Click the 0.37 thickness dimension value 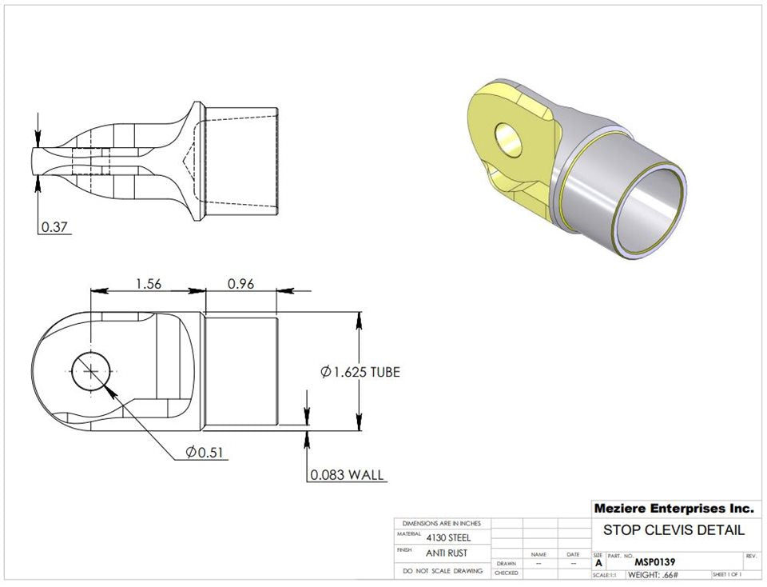(x=54, y=226)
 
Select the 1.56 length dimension (x=149, y=283)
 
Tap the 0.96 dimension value (x=241, y=283)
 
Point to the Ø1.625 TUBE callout (x=360, y=372)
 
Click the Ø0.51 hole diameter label (x=205, y=453)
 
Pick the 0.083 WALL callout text (x=347, y=475)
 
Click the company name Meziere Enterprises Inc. (x=673, y=508)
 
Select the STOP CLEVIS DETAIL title (x=673, y=529)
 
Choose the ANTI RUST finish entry (x=446, y=553)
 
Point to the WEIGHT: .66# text (x=653, y=574)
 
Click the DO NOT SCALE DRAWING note (x=442, y=572)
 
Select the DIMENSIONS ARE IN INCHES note (x=442, y=523)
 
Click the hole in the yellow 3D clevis (x=507, y=139)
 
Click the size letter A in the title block (x=598, y=562)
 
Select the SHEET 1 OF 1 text (x=726, y=574)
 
